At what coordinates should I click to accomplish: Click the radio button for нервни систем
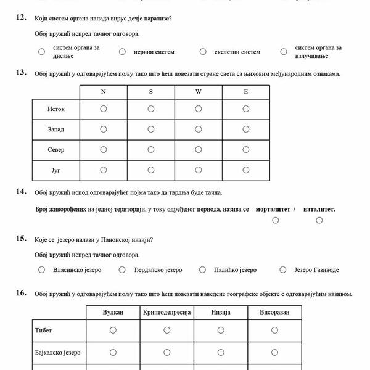122,52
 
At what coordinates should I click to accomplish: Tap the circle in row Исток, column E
245,109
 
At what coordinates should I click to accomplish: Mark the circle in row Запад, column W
199,129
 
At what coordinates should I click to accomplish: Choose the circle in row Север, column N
104,149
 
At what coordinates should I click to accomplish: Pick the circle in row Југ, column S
151,170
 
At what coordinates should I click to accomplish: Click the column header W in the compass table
199,91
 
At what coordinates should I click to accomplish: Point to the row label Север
56,150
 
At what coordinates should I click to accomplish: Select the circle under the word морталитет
276,220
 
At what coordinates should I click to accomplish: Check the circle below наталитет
319,220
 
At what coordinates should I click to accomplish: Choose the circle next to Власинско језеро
41,269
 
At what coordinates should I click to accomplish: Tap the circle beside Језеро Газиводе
283,269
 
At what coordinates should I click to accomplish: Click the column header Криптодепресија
167,313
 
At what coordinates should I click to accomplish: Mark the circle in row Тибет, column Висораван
274,331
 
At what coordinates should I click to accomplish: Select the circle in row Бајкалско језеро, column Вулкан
113,353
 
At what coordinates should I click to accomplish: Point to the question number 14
21,192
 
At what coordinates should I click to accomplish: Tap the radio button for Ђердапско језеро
122,269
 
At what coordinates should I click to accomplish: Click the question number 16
21,293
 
